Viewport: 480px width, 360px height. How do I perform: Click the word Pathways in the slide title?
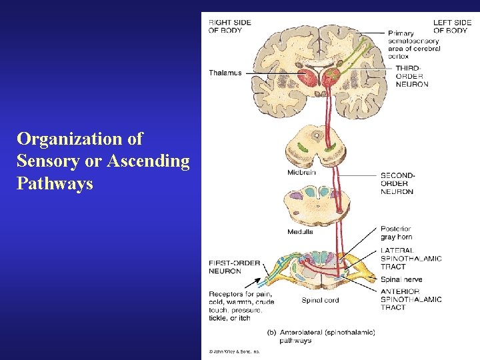pyautogui.click(x=55, y=183)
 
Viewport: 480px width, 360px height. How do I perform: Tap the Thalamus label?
pyautogui.click(x=225, y=73)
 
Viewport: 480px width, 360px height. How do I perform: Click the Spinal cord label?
pyautogui.click(x=320, y=300)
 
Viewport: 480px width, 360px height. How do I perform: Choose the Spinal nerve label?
pyautogui.click(x=401, y=279)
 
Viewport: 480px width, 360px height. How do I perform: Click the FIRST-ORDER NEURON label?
pyautogui.click(x=234, y=267)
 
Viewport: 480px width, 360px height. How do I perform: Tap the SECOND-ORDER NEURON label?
pyautogui.click(x=397, y=183)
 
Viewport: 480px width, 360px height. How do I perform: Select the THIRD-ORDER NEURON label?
pyautogui.click(x=412, y=76)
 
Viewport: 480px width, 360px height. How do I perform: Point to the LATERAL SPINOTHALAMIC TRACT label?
pyautogui.click(x=411, y=259)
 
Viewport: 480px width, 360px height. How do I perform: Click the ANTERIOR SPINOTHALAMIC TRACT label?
pyautogui.click(x=411, y=299)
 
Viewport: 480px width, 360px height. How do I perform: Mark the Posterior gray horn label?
pyautogui.click(x=396, y=233)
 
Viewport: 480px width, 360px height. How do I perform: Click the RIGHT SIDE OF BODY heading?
pyautogui.click(x=230, y=26)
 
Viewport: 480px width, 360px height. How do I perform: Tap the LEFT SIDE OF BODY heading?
pyautogui.click(x=452, y=26)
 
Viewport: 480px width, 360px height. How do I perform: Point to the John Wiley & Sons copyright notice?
pyautogui.click(x=233, y=351)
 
